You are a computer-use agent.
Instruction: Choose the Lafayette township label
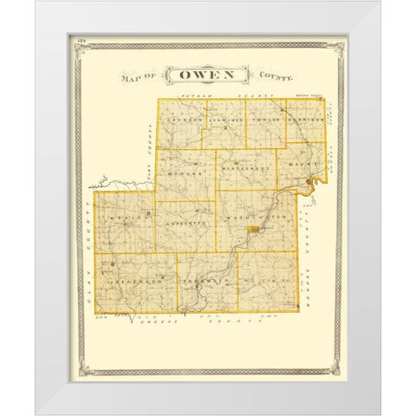pos(184,224)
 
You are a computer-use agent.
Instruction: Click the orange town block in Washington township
pos(252,229)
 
